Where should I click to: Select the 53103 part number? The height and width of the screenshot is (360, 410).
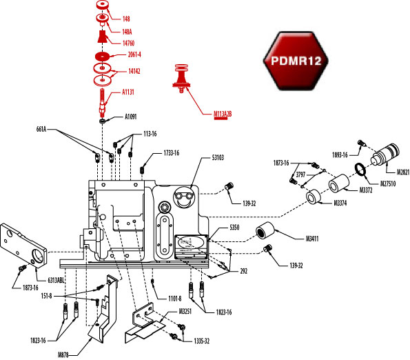tap(219, 158)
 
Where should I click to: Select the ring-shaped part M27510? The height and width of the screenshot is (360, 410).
tap(360, 170)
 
